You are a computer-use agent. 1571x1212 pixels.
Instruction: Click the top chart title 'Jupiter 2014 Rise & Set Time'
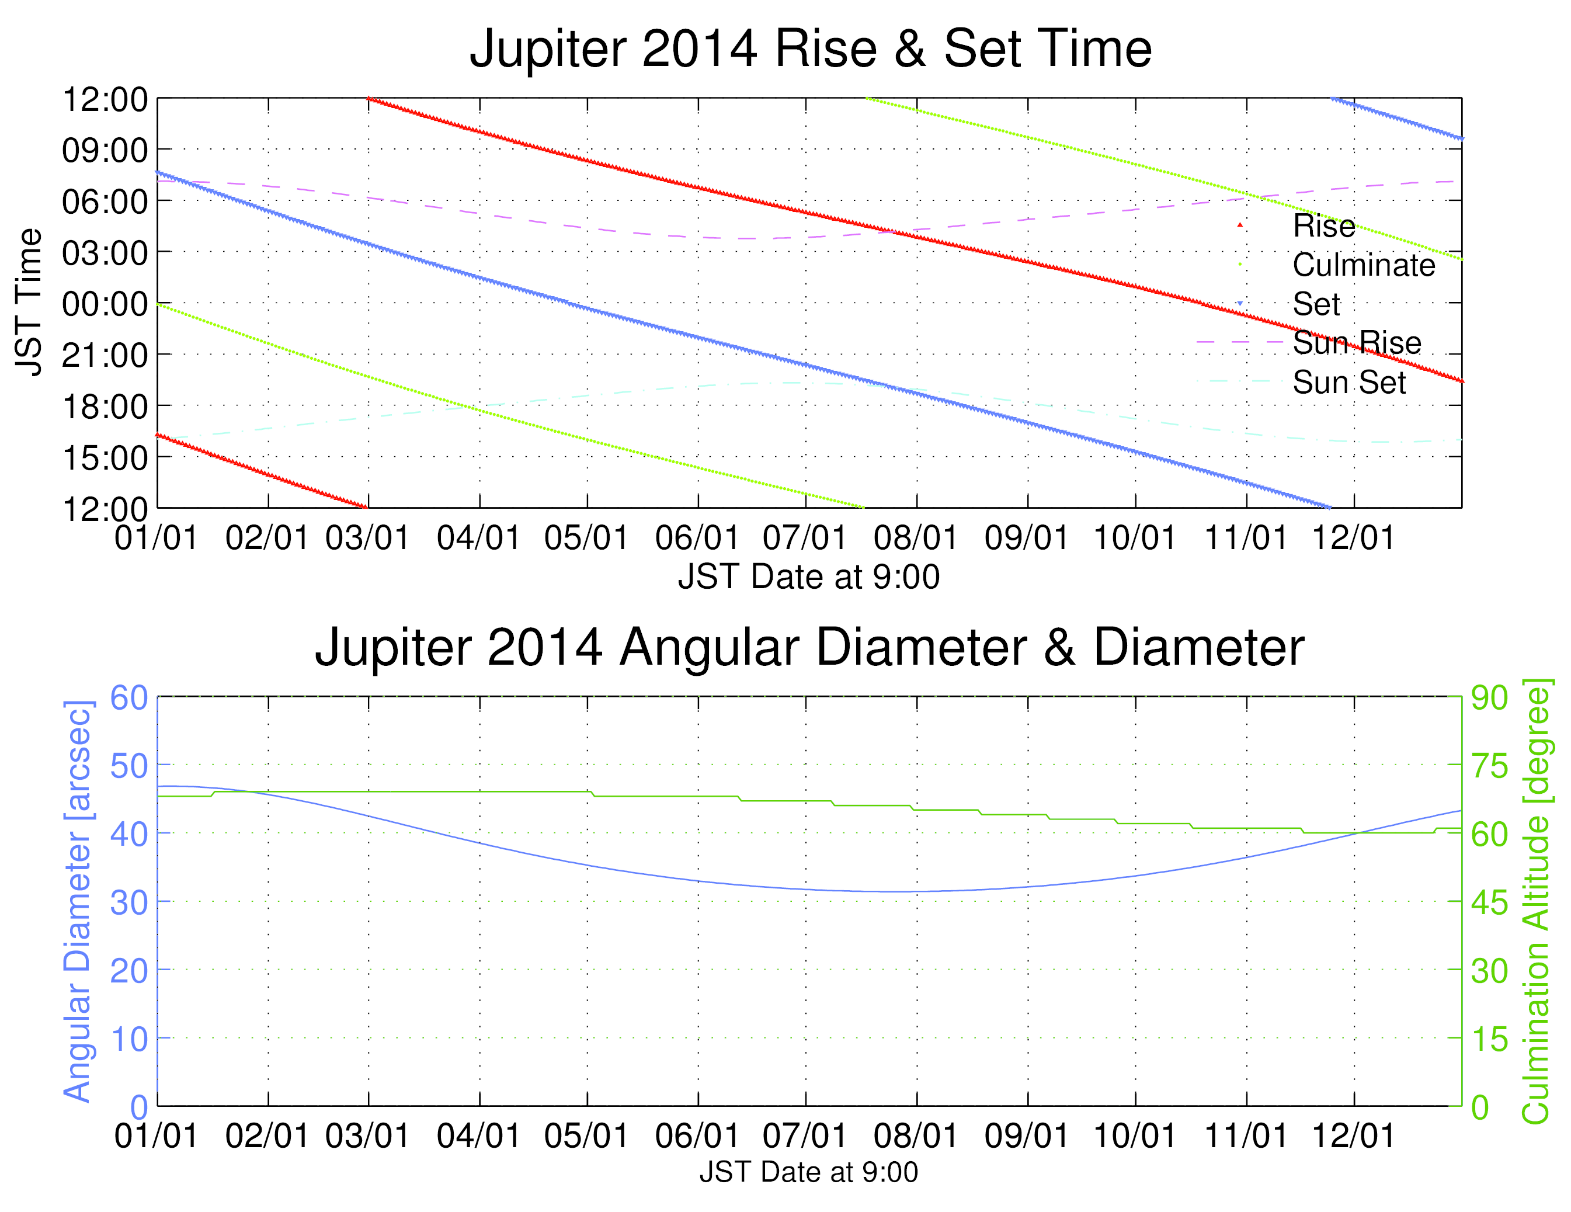[810, 49]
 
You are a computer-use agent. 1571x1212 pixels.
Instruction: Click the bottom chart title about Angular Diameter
[809, 647]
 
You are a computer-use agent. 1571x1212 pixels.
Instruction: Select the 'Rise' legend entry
[1323, 226]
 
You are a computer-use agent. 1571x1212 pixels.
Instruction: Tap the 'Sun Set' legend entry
[1348, 382]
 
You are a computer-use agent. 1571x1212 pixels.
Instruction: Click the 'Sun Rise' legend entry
[1357, 343]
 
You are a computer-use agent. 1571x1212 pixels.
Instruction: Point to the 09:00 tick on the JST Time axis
[105, 150]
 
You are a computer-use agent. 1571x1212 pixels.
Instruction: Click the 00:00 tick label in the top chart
[105, 304]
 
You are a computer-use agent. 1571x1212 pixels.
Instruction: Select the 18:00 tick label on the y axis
[105, 407]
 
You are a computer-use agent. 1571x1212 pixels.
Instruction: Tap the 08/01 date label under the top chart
[916, 538]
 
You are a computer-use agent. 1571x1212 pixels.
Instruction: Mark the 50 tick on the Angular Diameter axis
[128, 766]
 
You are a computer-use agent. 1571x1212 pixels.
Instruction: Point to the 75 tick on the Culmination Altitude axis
[1489, 766]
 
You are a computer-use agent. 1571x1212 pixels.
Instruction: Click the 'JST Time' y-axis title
[29, 302]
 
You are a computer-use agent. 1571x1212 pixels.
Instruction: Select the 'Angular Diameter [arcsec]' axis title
[78, 901]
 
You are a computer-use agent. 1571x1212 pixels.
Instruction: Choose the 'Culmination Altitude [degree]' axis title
[1537, 901]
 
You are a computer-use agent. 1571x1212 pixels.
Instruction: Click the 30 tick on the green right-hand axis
[1489, 971]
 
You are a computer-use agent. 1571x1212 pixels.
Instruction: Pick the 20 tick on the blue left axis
[128, 971]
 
